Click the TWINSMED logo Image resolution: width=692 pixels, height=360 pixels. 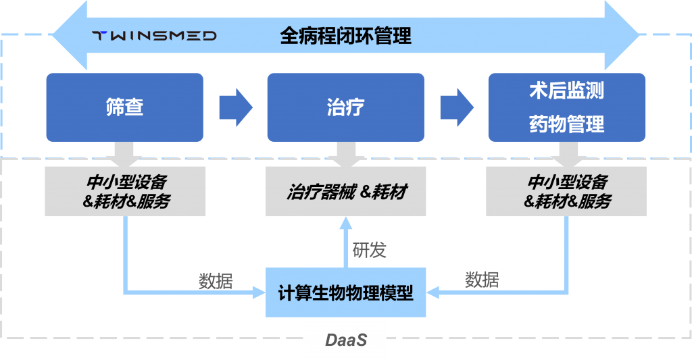(154, 36)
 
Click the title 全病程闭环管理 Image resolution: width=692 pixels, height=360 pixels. (345, 36)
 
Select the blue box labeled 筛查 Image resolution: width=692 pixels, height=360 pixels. (126, 107)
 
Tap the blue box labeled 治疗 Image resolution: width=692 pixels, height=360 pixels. (345, 107)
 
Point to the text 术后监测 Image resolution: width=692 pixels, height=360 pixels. (566, 91)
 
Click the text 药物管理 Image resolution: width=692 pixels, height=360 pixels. (566, 124)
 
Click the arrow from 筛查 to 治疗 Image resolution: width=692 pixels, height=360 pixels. (236, 107)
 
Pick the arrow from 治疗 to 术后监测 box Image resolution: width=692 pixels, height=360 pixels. (457, 107)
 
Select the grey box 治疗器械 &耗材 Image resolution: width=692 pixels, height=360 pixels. (346, 192)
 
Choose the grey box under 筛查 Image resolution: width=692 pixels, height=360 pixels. (126, 192)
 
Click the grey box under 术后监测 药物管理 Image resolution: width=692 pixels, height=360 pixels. (567, 192)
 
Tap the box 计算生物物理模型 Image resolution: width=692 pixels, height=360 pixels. (346, 293)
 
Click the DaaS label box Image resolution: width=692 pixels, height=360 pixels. (346, 340)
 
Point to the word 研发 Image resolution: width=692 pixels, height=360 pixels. (370, 250)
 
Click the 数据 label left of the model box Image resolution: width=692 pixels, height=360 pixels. (216, 281)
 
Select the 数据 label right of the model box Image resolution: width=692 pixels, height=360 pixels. (482, 280)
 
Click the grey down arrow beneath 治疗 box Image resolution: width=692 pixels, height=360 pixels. (346, 155)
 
